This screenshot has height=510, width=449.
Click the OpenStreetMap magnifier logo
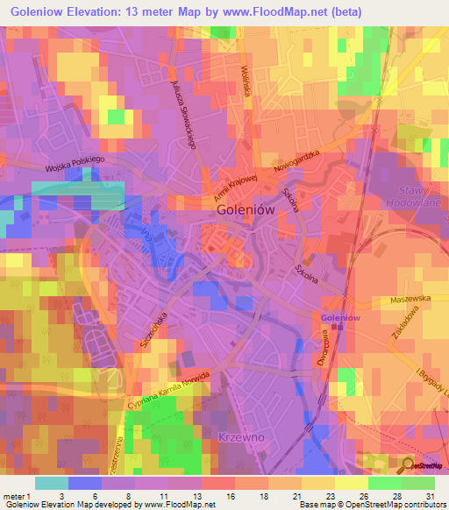point(408,464)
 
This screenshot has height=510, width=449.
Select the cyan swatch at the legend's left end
point(51,483)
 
